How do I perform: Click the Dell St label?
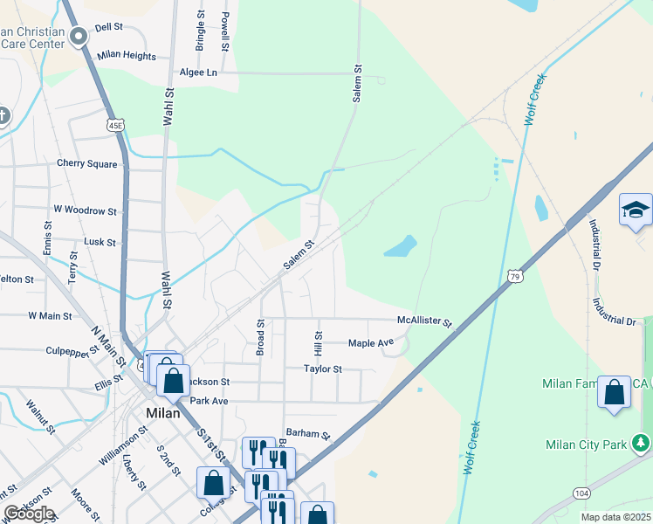110,28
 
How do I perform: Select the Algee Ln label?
197,73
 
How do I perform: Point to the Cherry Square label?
86,163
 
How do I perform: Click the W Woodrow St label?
85,210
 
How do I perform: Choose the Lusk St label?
100,242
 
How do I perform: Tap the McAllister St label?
424,322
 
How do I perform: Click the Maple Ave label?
371,343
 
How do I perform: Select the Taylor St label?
322,369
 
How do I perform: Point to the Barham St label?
308,434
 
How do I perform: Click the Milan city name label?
162,413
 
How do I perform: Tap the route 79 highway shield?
514,276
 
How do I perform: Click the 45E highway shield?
116,127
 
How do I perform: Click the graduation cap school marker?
636,210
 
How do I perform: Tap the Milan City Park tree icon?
641,444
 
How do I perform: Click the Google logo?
29,514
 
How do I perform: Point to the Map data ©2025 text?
615,517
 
